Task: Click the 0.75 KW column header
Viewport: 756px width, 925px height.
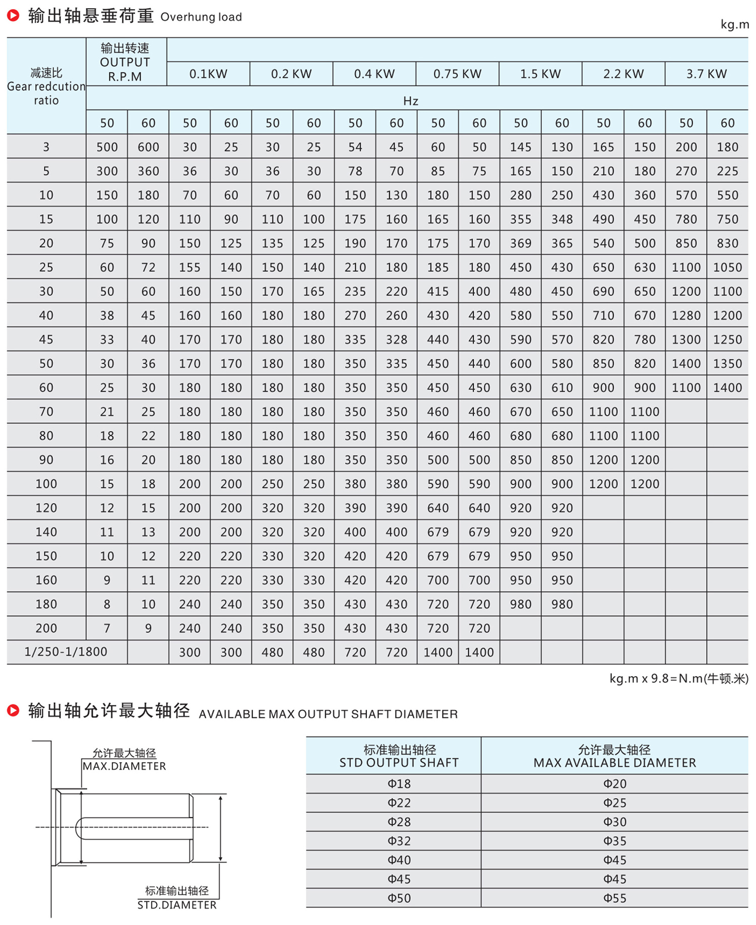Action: coord(457,74)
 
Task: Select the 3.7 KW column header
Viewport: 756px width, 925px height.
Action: coord(706,74)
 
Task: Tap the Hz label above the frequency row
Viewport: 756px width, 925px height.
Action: coord(411,101)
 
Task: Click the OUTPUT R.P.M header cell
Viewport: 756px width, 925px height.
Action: coord(125,62)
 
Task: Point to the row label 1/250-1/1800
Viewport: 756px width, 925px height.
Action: coord(66,651)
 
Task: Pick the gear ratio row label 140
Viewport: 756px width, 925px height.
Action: coord(46,532)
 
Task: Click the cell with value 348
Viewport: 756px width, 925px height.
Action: coord(562,219)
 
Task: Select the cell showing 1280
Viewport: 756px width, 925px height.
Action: coord(686,315)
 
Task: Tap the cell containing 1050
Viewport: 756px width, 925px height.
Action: coord(727,268)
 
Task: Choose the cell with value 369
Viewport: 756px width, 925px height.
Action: coord(521,243)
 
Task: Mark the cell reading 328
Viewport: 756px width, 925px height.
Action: coord(397,340)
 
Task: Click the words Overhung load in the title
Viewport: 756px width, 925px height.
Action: coord(201,17)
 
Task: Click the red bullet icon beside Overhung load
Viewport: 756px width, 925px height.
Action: coord(13,16)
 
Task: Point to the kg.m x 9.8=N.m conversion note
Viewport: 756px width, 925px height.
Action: coord(678,679)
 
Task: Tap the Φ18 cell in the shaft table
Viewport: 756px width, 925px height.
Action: coord(399,784)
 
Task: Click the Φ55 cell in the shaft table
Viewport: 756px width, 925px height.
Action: coord(615,898)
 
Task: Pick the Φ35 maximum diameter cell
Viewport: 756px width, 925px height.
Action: coord(615,841)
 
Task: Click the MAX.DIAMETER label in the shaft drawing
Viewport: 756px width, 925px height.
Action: coord(124,766)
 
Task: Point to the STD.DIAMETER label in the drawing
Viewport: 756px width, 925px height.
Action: coord(177,905)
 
